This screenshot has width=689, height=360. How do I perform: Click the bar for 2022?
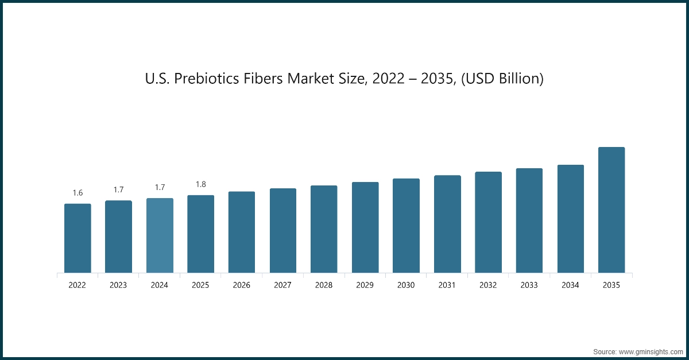pyautogui.click(x=78, y=238)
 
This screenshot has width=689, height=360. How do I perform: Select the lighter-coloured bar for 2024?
pyautogui.click(x=160, y=235)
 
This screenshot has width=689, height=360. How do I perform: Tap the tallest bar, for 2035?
pyautogui.click(x=611, y=210)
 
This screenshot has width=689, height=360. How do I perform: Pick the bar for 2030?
pyautogui.click(x=406, y=226)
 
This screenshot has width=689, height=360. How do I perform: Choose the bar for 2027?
pyautogui.click(x=283, y=230)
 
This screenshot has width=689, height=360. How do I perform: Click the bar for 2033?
pyautogui.click(x=529, y=220)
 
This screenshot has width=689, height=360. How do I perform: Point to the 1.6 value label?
pyautogui.click(x=78, y=193)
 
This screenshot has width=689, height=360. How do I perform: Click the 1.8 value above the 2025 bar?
pyautogui.click(x=200, y=184)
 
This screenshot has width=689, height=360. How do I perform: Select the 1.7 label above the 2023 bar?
pyautogui.click(x=118, y=189)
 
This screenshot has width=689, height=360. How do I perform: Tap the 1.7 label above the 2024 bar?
pyautogui.click(x=160, y=187)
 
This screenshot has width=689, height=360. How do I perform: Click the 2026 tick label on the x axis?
pyautogui.click(x=242, y=285)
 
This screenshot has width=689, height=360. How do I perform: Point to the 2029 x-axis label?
pyautogui.click(x=365, y=285)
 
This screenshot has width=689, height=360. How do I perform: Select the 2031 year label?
pyautogui.click(x=447, y=285)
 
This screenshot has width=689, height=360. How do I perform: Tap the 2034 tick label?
pyautogui.click(x=571, y=285)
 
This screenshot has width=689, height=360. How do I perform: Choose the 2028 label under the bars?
pyautogui.click(x=324, y=285)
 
